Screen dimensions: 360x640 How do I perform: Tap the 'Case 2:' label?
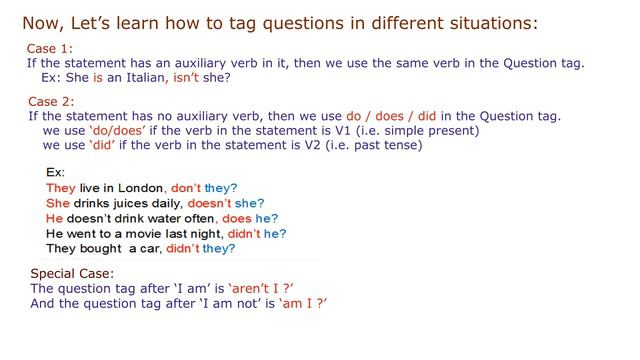(x=50, y=102)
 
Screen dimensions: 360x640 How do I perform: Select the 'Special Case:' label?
(x=72, y=273)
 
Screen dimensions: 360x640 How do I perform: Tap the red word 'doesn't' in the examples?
(x=208, y=203)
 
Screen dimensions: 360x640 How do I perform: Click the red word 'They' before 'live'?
(x=61, y=187)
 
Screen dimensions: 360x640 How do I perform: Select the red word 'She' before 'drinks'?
(x=58, y=203)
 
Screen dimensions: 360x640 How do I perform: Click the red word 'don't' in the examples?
(x=186, y=187)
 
